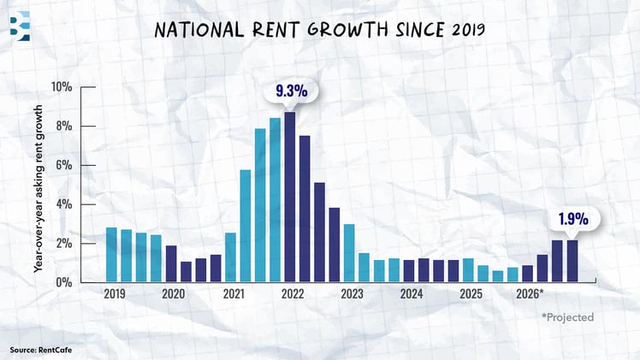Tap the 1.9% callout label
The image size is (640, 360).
point(572,219)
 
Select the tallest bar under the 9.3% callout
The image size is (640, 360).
point(290,197)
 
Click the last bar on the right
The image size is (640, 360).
point(572,261)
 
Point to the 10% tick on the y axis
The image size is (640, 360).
point(60,87)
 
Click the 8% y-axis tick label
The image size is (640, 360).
point(62,127)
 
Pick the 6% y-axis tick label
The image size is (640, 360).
point(62,166)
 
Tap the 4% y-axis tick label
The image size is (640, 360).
point(62,205)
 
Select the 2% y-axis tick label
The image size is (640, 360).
point(62,244)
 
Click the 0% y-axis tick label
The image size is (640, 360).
point(62,282)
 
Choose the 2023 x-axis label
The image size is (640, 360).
point(351,294)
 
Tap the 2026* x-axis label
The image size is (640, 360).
point(530,294)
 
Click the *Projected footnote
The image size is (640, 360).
point(566,317)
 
